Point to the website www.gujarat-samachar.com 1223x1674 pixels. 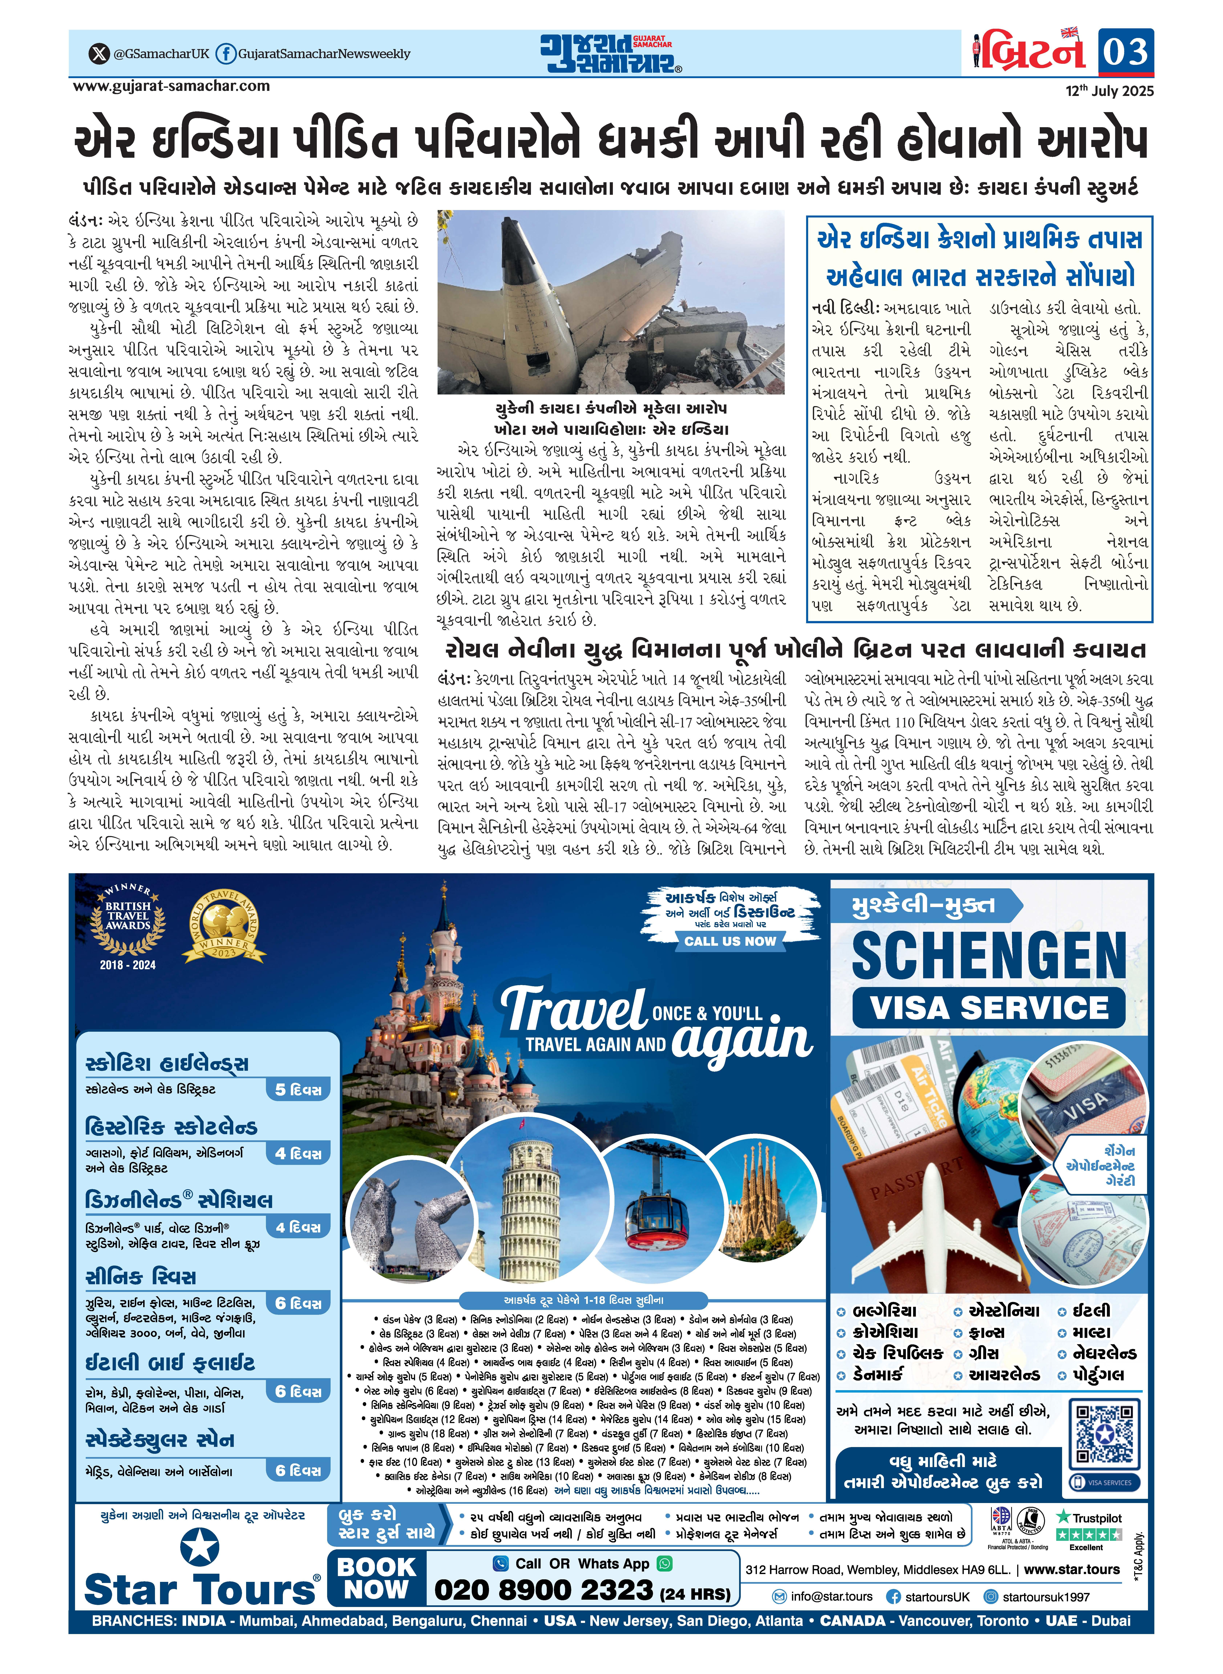(171, 86)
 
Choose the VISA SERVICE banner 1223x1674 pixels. (988, 1008)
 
